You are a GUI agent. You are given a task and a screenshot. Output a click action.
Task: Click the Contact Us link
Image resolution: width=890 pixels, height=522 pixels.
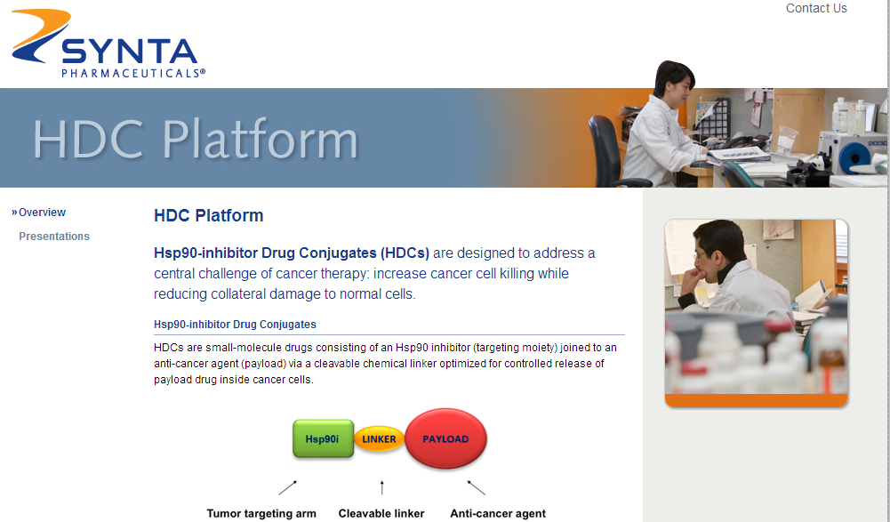[816, 8]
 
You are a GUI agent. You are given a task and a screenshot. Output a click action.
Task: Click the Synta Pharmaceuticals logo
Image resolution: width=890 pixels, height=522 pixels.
[108, 44]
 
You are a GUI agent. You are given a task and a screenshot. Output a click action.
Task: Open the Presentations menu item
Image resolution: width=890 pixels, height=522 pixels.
[54, 237]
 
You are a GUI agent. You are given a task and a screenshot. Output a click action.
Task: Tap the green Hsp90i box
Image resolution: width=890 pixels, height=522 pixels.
[323, 438]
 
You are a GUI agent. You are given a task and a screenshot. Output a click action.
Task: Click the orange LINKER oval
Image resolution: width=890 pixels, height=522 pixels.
[379, 439]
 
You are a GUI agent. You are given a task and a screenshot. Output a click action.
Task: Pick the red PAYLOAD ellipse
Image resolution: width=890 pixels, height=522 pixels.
[445, 438]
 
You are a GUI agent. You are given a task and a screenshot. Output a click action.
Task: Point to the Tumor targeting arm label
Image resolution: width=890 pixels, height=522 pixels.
[261, 513]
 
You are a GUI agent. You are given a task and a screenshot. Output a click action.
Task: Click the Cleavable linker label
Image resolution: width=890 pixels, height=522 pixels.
[381, 513]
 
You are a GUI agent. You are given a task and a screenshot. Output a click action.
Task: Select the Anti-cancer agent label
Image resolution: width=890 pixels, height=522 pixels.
[498, 513]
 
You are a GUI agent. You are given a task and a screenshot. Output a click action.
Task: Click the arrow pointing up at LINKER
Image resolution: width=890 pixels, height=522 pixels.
[382, 487]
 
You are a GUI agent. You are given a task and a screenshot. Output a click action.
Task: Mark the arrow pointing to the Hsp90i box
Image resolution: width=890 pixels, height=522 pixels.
[288, 488]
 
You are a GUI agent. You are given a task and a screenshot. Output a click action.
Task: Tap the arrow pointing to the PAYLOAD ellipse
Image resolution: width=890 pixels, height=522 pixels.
[477, 487]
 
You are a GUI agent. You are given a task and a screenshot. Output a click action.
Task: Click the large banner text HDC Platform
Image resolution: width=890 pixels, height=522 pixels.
[196, 139]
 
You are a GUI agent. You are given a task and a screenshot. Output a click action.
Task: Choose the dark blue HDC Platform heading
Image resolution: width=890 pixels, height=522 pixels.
[208, 215]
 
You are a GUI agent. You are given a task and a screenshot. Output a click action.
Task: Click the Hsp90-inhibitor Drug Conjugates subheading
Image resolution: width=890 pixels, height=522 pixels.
[235, 325]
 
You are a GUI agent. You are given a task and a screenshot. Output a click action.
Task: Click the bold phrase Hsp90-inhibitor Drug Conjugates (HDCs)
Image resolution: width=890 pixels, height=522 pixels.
[292, 253]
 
